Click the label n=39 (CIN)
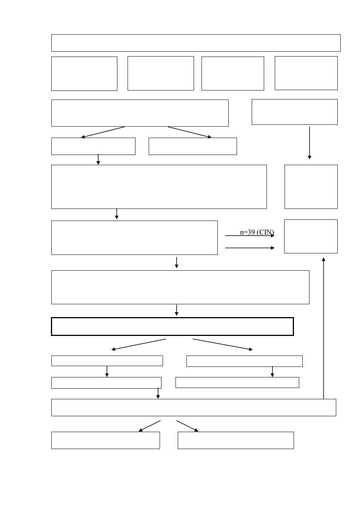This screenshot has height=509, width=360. pyautogui.click(x=257, y=232)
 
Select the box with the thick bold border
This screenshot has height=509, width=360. pyautogui.click(x=172, y=326)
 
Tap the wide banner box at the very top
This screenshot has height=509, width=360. pyautogui.click(x=196, y=43)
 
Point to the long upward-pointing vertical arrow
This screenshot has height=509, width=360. pyautogui.click(x=323, y=328)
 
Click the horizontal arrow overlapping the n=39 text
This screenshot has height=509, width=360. pyautogui.click(x=250, y=236)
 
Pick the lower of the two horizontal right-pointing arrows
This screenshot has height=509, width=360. pyautogui.click(x=250, y=248)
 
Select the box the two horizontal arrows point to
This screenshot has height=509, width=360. pyautogui.click(x=311, y=236)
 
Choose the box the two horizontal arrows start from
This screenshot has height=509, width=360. pyautogui.click(x=134, y=238)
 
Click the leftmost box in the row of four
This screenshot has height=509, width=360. pyautogui.click(x=84, y=74)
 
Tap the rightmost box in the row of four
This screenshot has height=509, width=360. pyautogui.click(x=306, y=73)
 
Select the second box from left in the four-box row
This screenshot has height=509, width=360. pyautogui.click(x=160, y=74)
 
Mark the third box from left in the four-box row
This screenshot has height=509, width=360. pyautogui.click(x=233, y=74)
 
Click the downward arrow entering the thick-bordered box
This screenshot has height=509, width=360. pyautogui.click(x=177, y=310)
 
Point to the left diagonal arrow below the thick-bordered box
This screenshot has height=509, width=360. pyautogui.click(x=138, y=345)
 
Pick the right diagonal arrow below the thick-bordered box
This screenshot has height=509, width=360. pyautogui.click(x=223, y=345)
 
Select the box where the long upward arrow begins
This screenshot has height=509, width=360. pyautogui.click(x=194, y=408)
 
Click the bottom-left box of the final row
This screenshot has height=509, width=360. pyautogui.click(x=106, y=440)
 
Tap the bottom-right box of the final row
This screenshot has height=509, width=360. pyautogui.click(x=235, y=440)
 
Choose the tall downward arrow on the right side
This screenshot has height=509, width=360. pyautogui.click(x=309, y=143)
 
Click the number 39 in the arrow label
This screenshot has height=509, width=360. pyautogui.click(x=251, y=232)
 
